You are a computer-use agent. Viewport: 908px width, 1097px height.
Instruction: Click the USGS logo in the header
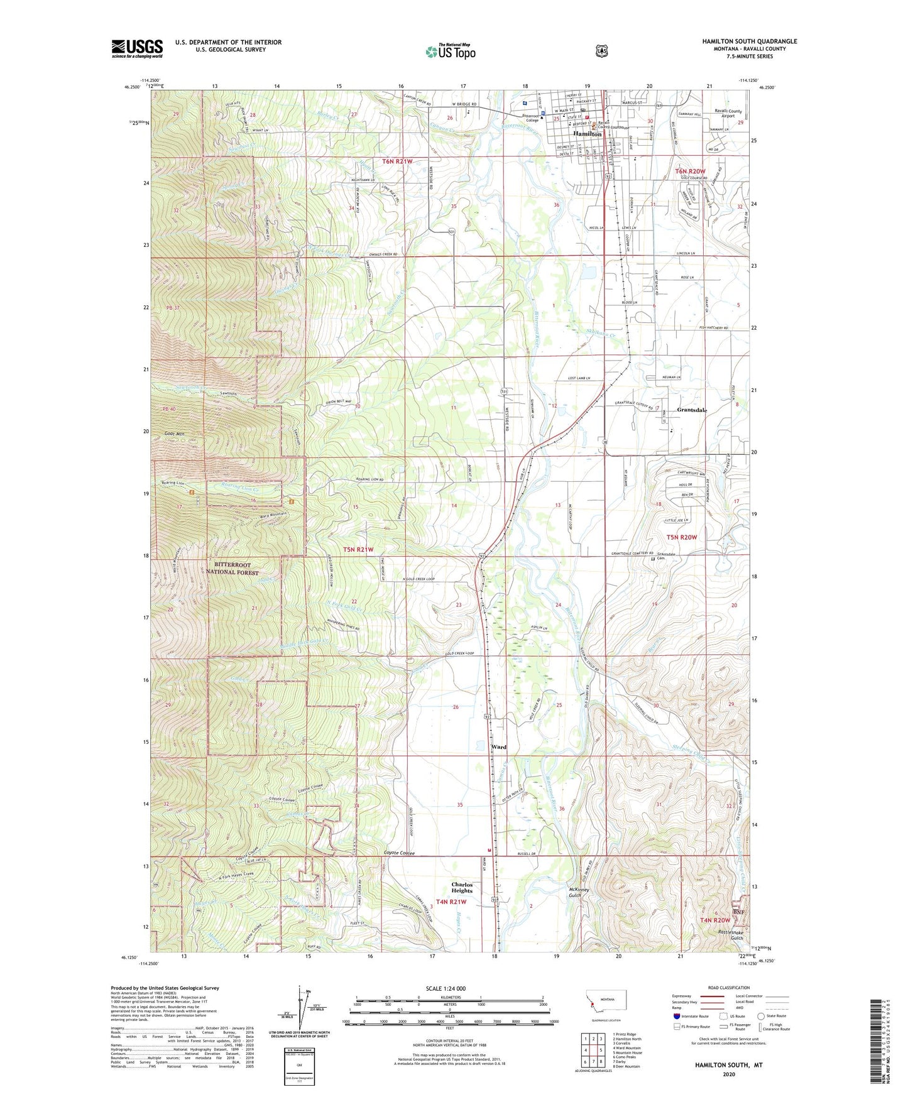point(137,48)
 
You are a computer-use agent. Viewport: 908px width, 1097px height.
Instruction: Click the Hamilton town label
point(587,134)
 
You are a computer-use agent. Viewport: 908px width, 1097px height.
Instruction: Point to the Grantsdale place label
point(691,410)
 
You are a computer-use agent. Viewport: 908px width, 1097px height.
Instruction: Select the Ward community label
point(498,747)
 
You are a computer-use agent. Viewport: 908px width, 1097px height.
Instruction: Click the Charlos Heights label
point(462,887)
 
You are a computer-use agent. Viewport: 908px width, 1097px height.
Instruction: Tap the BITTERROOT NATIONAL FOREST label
point(232,569)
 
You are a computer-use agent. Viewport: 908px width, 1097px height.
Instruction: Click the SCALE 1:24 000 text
point(449,989)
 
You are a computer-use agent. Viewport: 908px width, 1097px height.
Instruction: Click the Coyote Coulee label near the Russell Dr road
point(400,853)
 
